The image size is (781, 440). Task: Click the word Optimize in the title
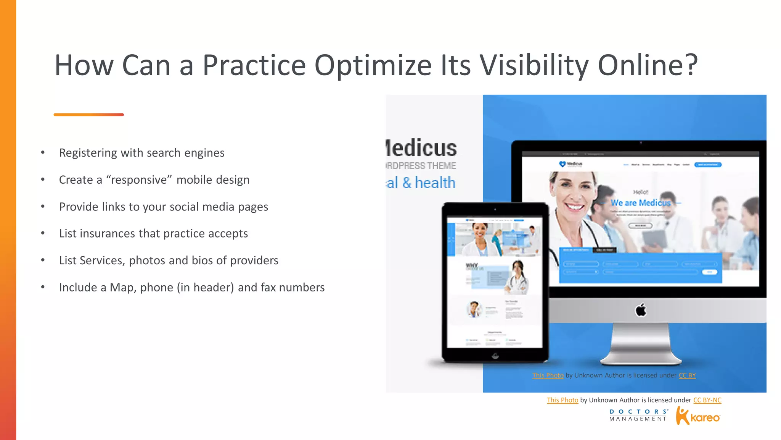pos(373,65)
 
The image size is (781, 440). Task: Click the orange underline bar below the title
pos(88,115)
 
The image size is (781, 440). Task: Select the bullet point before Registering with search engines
pos(43,153)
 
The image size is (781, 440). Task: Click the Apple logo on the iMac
pos(641,310)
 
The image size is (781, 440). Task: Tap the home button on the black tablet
pos(495,356)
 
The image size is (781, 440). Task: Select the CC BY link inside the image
pos(687,375)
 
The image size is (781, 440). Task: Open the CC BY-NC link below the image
pos(707,400)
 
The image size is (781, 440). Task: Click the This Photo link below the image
pos(562,400)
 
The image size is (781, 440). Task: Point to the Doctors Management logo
pos(638,415)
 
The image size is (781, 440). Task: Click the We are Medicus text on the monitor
pos(641,203)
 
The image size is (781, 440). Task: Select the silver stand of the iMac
pos(641,344)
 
